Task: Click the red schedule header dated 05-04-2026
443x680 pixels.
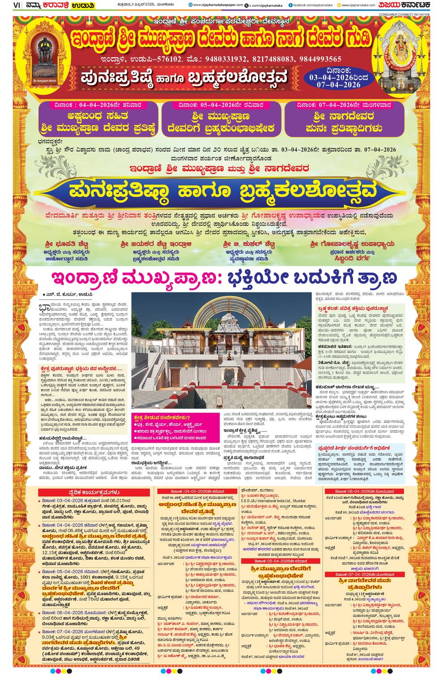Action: pyautogui.click(x=280, y=561)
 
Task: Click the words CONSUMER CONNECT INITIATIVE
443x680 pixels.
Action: pyautogui.click(x=404, y=14)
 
